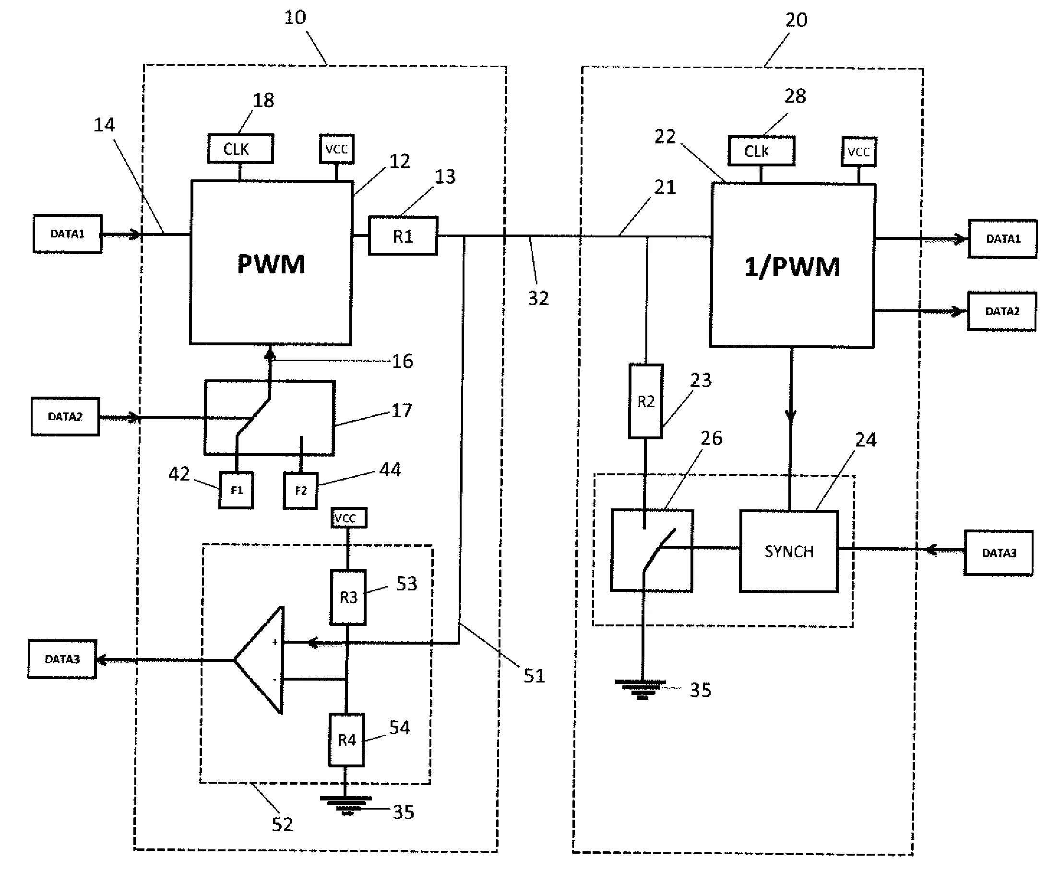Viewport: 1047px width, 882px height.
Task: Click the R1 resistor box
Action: (403, 236)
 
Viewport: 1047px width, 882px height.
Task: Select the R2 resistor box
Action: (645, 401)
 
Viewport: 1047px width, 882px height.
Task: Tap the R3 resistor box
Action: (348, 597)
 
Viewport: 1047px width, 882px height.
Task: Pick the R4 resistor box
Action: (346, 740)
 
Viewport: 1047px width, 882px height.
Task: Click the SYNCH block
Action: (788, 551)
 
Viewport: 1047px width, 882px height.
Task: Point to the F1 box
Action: (236, 490)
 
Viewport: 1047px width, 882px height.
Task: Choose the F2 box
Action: (300, 491)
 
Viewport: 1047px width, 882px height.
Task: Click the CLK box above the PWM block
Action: (240, 149)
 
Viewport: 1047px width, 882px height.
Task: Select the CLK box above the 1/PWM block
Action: (761, 151)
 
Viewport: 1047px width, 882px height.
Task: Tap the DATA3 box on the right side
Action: (999, 553)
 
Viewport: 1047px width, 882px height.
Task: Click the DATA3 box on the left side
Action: (62, 659)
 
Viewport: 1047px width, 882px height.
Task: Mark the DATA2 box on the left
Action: (65, 416)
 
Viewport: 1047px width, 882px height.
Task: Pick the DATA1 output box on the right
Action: (1002, 238)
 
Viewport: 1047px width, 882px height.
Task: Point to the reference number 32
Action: (538, 298)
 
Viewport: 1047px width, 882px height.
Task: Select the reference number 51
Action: (534, 676)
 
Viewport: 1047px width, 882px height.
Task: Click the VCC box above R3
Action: (348, 517)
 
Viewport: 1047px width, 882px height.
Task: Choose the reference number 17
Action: (401, 411)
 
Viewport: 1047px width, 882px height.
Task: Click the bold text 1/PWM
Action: (792, 267)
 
